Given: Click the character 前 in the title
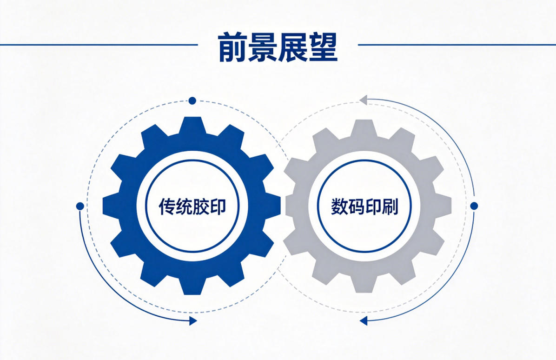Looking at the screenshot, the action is click(232, 47).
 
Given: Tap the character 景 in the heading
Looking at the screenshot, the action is click(263, 47).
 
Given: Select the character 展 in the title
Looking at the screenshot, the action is click(292, 47).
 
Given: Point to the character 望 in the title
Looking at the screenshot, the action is click(323, 47).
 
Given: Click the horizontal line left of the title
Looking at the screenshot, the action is click(99, 45).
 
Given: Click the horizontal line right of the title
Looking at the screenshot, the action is click(457, 45).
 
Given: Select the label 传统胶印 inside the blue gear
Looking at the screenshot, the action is click(192, 206).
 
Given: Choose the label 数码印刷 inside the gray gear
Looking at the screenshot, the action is click(364, 206).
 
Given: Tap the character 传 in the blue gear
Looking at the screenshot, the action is click(166, 206).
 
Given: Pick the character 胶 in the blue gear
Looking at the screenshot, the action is click(201, 206).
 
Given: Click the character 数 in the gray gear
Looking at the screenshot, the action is click(339, 206).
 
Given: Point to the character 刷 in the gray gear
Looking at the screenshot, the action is click(390, 206).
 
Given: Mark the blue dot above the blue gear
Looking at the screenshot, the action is click(192, 101).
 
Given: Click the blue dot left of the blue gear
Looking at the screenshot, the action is click(80, 206).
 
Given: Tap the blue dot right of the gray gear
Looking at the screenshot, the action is click(474, 206).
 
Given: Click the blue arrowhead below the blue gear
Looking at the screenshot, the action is click(193, 321).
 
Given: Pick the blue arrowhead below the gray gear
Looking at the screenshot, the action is click(363, 321).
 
